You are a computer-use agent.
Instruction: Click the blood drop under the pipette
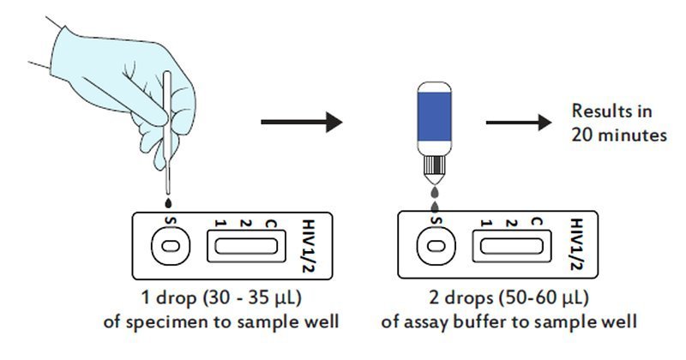168,203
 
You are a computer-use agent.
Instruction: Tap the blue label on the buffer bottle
434,117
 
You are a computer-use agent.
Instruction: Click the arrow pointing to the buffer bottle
302,122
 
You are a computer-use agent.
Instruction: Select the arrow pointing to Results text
519,122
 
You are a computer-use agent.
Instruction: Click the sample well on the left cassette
170,246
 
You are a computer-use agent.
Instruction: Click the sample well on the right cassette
436,246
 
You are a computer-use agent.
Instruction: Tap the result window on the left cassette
246,246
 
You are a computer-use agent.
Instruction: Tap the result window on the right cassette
511,246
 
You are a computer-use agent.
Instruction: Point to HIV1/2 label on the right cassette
577,244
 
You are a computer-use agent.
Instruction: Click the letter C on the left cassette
271,224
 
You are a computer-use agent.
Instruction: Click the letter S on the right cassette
436,221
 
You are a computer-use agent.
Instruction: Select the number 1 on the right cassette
485,224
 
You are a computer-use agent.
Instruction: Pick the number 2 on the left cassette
246,224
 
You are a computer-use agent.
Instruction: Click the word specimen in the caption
166,322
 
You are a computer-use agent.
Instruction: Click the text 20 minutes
619,135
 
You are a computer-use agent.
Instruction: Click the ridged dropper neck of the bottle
434,165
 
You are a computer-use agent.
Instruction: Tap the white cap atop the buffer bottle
434,87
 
